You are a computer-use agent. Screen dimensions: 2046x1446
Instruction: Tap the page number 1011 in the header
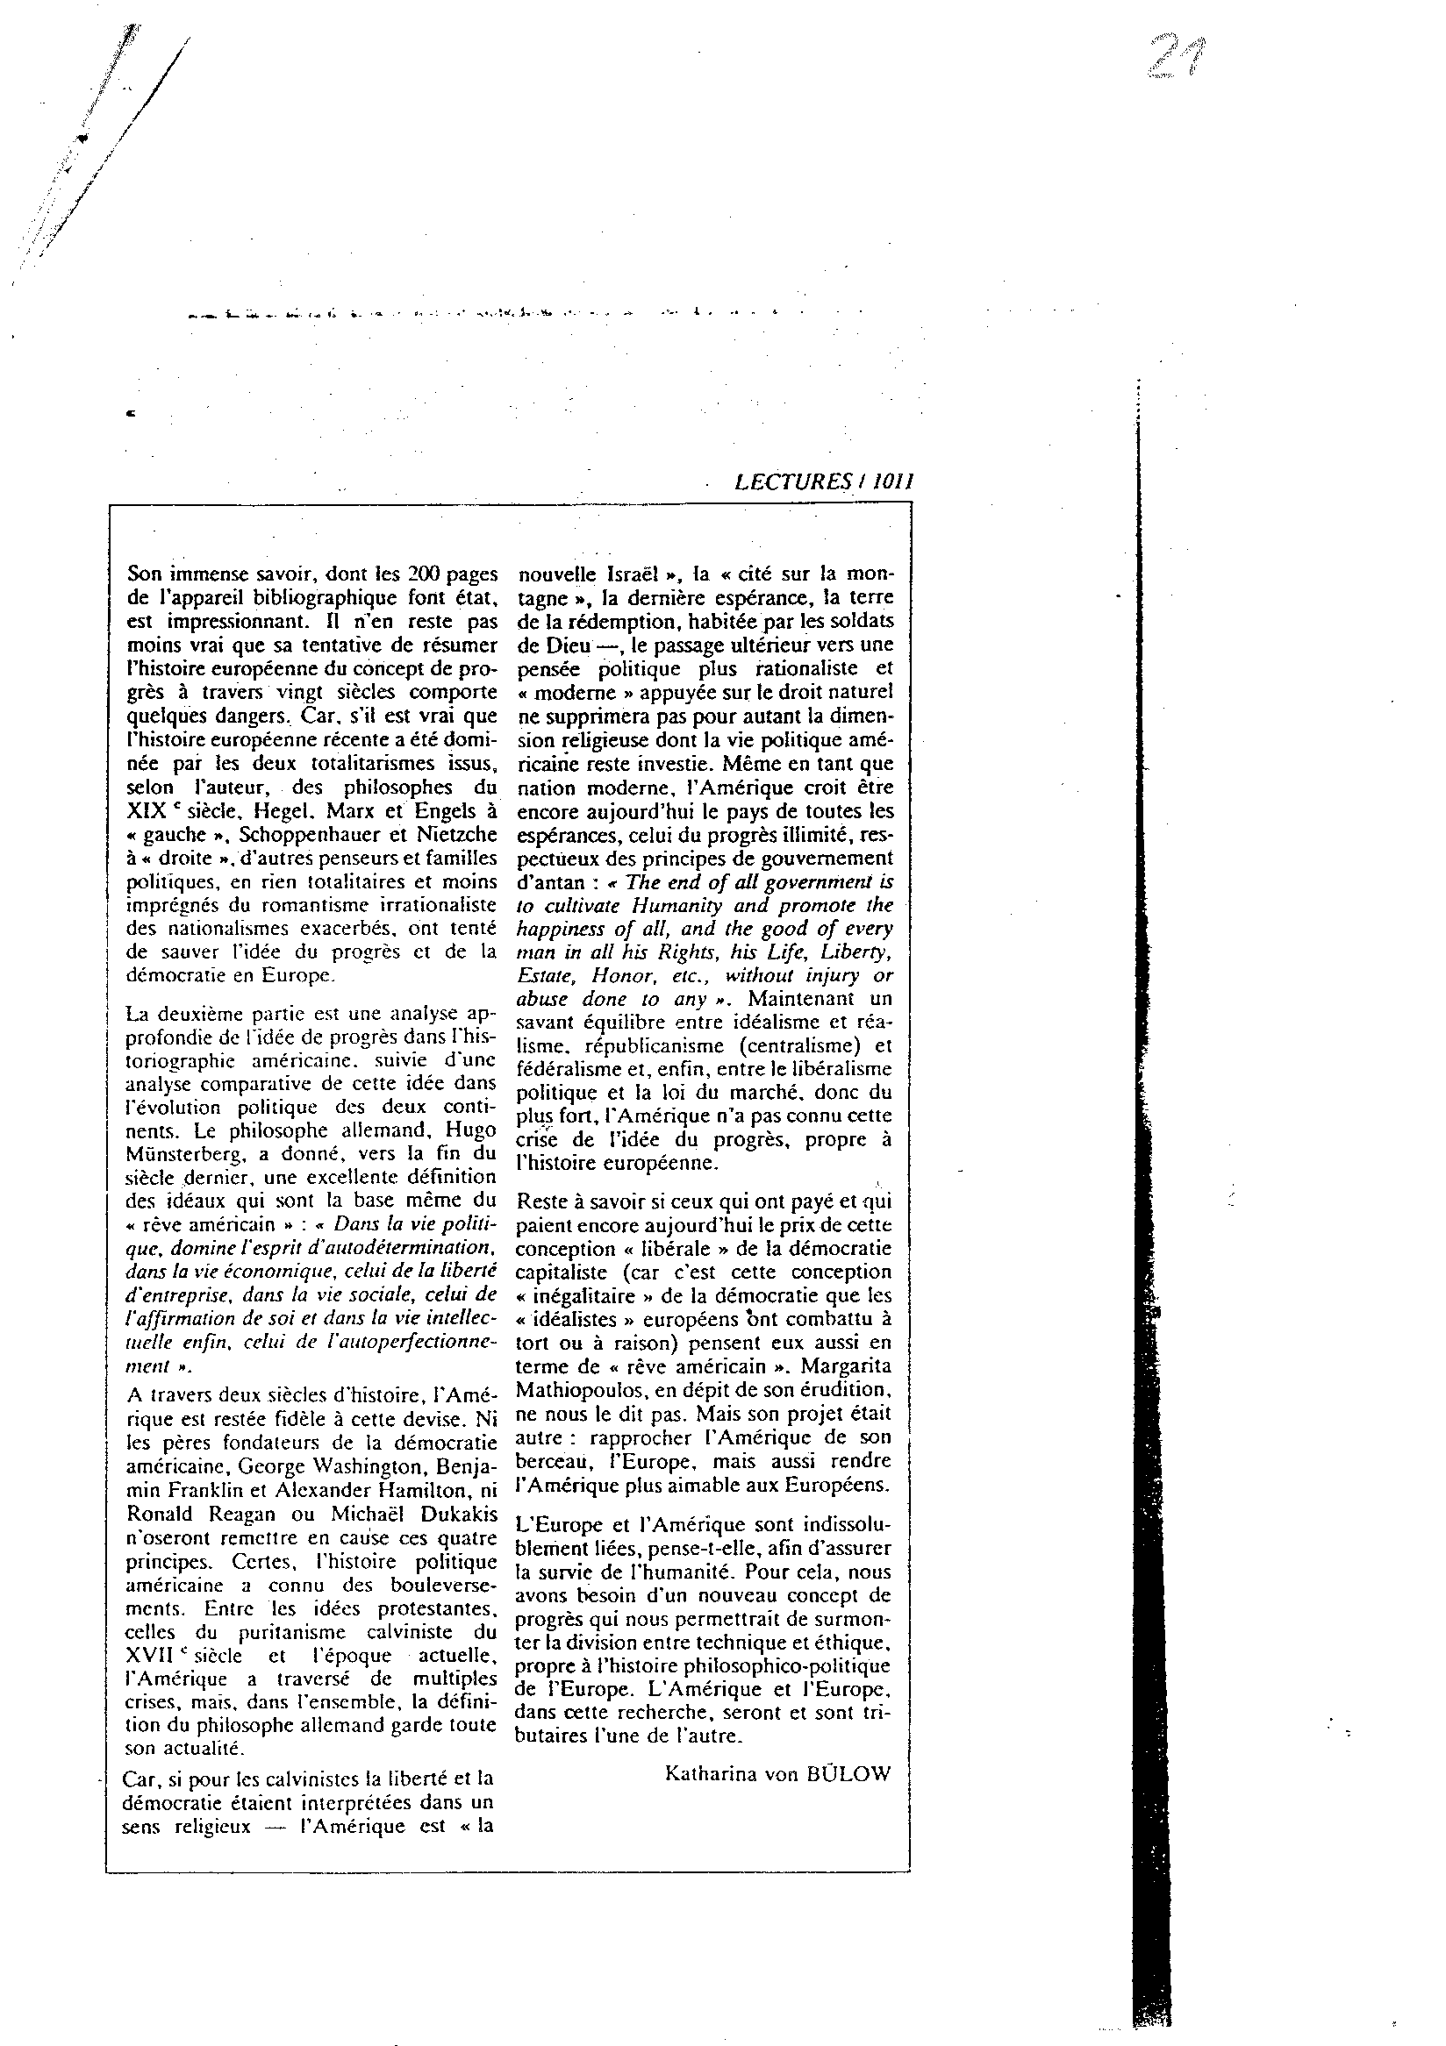click(892, 482)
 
